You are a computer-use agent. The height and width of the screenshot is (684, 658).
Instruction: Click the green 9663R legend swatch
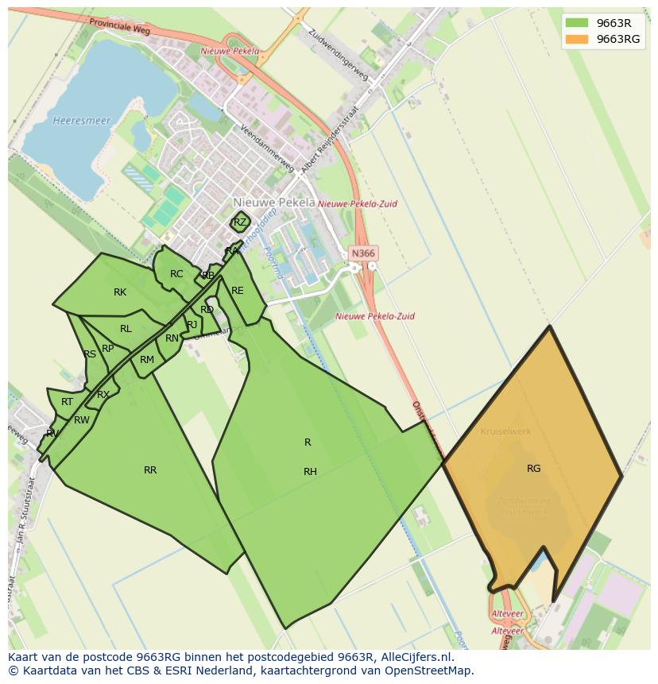click(x=576, y=22)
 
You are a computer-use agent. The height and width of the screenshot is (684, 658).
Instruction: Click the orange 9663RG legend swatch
click(x=576, y=39)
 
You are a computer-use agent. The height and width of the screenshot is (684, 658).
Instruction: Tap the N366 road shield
click(x=362, y=253)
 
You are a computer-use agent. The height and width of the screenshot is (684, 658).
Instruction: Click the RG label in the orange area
click(x=533, y=469)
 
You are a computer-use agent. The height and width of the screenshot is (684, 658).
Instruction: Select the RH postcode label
click(x=310, y=472)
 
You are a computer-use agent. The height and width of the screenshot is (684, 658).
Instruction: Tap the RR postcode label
click(x=150, y=470)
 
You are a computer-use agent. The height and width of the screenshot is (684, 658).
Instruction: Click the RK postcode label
click(x=120, y=292)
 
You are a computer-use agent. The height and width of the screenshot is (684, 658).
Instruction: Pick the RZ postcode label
click(x=240, y=222)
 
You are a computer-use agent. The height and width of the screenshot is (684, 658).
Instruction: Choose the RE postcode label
click(x=238, y=291)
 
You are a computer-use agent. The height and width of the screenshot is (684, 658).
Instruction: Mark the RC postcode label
click(x=176, y=274)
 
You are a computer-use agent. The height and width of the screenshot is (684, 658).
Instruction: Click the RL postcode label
click(x=126, y=329)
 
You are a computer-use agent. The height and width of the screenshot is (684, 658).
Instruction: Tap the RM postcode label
click(x=147, y=360)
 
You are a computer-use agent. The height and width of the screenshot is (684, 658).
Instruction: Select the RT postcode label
click(x=67, y=402)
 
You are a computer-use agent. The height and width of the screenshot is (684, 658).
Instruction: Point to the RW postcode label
click(x=81, y=420)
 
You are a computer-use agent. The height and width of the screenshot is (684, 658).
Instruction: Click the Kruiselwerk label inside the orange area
click(x=505, y=432)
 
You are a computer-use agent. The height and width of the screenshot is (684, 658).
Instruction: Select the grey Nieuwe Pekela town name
click(x=274, y=203)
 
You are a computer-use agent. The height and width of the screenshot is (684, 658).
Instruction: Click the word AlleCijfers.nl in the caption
click(x=416, y=658)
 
